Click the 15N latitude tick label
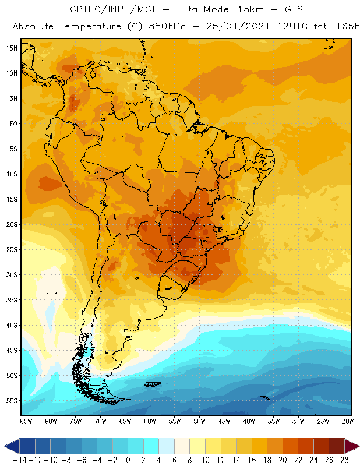click(x=11, y=48)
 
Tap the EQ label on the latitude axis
click(x=13, y=123)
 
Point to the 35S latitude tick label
click(x=12, y=300)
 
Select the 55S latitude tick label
click(x=12, y=401)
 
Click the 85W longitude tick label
click(x=26, y=421)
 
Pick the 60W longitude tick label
click(x=150, y=421)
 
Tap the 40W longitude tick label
click(x=249, y=421)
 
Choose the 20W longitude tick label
click(x=348, y=421)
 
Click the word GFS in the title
click(x=292, y=10)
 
